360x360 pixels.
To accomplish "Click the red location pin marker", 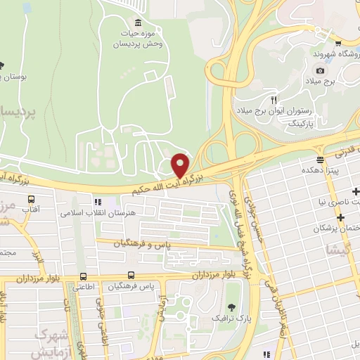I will click(x=181, y=165).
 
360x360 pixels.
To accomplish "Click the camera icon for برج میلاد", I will click(x=320, y=70).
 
